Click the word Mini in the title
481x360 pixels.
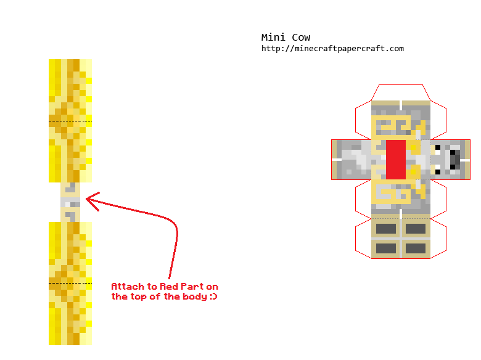pos(273,38)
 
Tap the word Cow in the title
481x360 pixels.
pos(301,38)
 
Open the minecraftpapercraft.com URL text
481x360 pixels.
pos(332,49)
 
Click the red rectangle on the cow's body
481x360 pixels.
pos(396,160)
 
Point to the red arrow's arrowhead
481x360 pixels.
pos(89,198)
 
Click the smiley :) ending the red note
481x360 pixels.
pos(213,297)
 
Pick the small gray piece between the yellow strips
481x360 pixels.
pos(70,202)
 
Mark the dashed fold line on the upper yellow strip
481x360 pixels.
pos(70,121)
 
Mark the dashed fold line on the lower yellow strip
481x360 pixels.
pos(70,283)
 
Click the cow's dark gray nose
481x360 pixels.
pos(454,160)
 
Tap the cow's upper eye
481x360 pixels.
pos(438,148)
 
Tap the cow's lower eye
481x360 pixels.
pos(438,172)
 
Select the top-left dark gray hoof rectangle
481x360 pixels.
pos(386,229)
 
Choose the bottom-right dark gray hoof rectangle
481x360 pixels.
pos(416,248)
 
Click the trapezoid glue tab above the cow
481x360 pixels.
pos(400,92)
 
